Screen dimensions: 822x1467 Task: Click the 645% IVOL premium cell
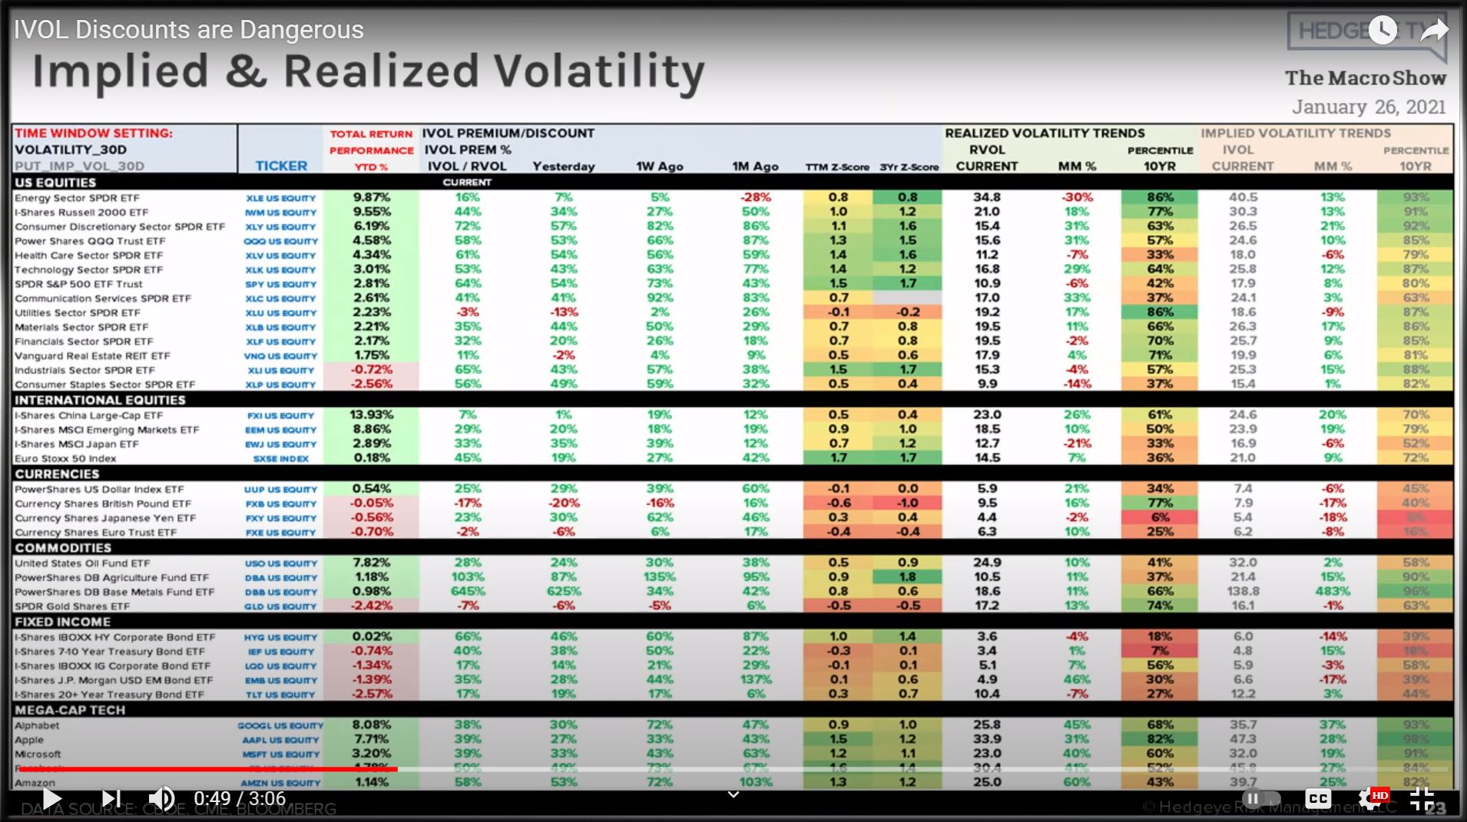click(x=467, y=592)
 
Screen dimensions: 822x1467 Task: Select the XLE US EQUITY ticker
click(x=281, y=198)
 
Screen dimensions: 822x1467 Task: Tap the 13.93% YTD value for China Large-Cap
click(x=372, y=415)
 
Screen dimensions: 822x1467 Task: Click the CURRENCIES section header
click(x=58, y=474)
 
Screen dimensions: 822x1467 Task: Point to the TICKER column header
click(x=281, y=166)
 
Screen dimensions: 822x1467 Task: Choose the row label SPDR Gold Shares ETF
click(x=73, y=606)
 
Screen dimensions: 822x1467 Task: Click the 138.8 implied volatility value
click(x=1243, y=592)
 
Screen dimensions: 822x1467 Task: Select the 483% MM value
click(x=1332, y=592)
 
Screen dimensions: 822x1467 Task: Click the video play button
click(x=51, y=799)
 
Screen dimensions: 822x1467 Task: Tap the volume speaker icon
click(x=161, y=799)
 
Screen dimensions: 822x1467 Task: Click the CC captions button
click(x=1318, y=799)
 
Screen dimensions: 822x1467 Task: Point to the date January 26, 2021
click(x=1369, y=107)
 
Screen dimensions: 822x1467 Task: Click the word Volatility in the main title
click(x=599, y=72)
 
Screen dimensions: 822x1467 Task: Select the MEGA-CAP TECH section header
click(x=70, y=711)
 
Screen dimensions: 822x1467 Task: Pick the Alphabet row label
click(x=37, y=726)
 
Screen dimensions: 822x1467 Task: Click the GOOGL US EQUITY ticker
click(x=280, y=726)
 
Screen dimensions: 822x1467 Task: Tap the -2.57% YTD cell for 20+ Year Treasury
click(x=372, y=695)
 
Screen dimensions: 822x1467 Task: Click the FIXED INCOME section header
click(x=63, y=622)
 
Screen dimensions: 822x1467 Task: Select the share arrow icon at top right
click(x=1433, y=31)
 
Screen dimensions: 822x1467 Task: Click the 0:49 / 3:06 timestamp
click(x=240, y=799)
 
